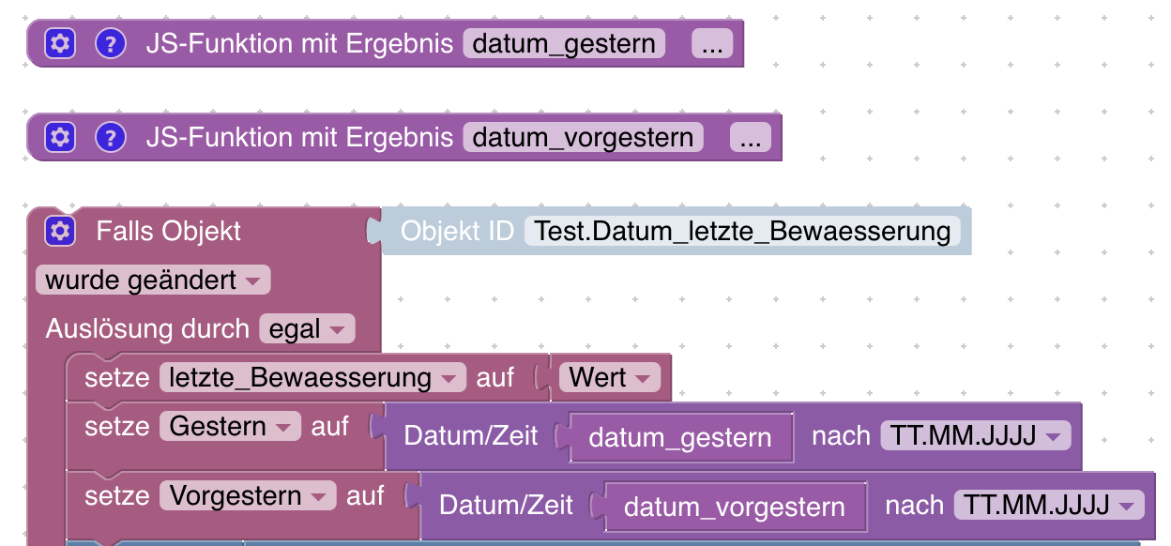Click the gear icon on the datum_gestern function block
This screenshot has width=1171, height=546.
60,43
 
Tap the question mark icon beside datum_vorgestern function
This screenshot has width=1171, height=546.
111,138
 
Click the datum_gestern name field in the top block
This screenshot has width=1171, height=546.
564,43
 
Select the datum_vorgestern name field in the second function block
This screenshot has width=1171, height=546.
583,138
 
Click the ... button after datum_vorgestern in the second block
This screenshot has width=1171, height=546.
750,138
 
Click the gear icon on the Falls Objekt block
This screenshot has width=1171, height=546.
60,231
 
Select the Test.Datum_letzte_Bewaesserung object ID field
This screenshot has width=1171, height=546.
742,231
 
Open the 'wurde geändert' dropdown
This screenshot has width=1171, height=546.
153,280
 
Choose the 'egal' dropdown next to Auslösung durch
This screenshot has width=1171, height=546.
307,329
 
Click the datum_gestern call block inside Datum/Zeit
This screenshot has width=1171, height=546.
680,437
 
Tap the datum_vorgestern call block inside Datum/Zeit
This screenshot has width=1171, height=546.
734,508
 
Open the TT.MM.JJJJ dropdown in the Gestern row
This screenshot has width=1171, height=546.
975,436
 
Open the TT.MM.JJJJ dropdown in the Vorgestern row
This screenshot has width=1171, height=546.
1049,506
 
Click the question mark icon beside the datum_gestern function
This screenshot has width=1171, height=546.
111,43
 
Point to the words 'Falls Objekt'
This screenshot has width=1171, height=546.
169,231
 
